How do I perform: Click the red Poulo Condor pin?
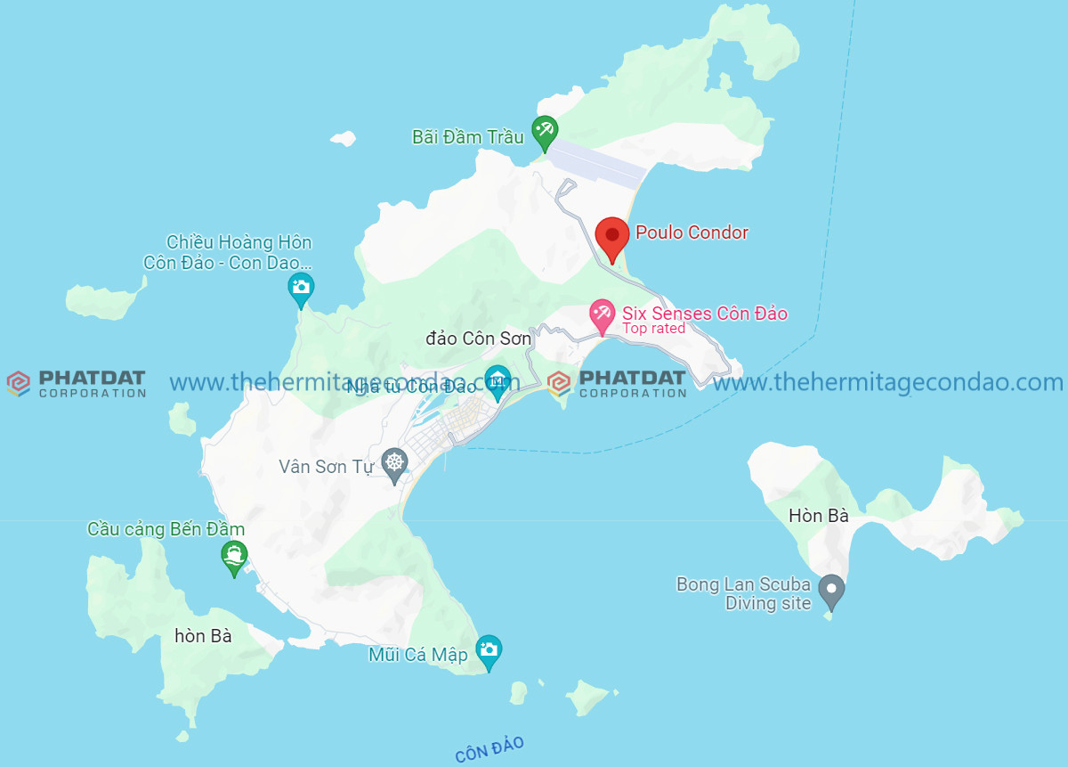pyautogui.click(x=611, y=237)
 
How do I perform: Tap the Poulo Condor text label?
pyautogui.click(x=692, y=233)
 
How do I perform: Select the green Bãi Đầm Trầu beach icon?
pyautogui.click(x=545, y=132)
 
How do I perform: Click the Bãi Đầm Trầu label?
pyautogui.click(x=467, y=137)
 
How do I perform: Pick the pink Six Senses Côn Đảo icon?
pyautogui.click(x=603, y=314)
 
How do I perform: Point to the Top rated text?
pyautogui.click(x=653, y=329)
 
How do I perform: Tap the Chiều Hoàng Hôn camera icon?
pyautogui.click(x=301, y=288)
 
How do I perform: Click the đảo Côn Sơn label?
pyautogui.click(x=478, y=339)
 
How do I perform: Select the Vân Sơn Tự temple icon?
pyautogui.click(x=394, y=463)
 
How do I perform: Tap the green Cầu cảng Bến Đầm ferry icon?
pyautogui.click(x=233, y=556)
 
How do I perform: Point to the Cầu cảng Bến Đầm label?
pyautogui.click(x=166, y=529)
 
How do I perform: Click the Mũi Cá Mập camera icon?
pyautogui.click(x=488, y=650)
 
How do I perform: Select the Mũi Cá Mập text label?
pyautogui.click(x=418, y=655)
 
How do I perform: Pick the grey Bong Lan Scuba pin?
pyautogui.click(x=831, y=590)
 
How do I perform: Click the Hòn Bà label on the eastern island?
pyautogui.click(x=818, y=516)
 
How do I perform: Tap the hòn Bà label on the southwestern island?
pyautogui.click(x=203, y=636)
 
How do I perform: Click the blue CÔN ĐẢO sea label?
pyautogui.click(x=489, y=749)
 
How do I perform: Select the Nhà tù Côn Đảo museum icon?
pyautogui.click(x=497, y=380)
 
